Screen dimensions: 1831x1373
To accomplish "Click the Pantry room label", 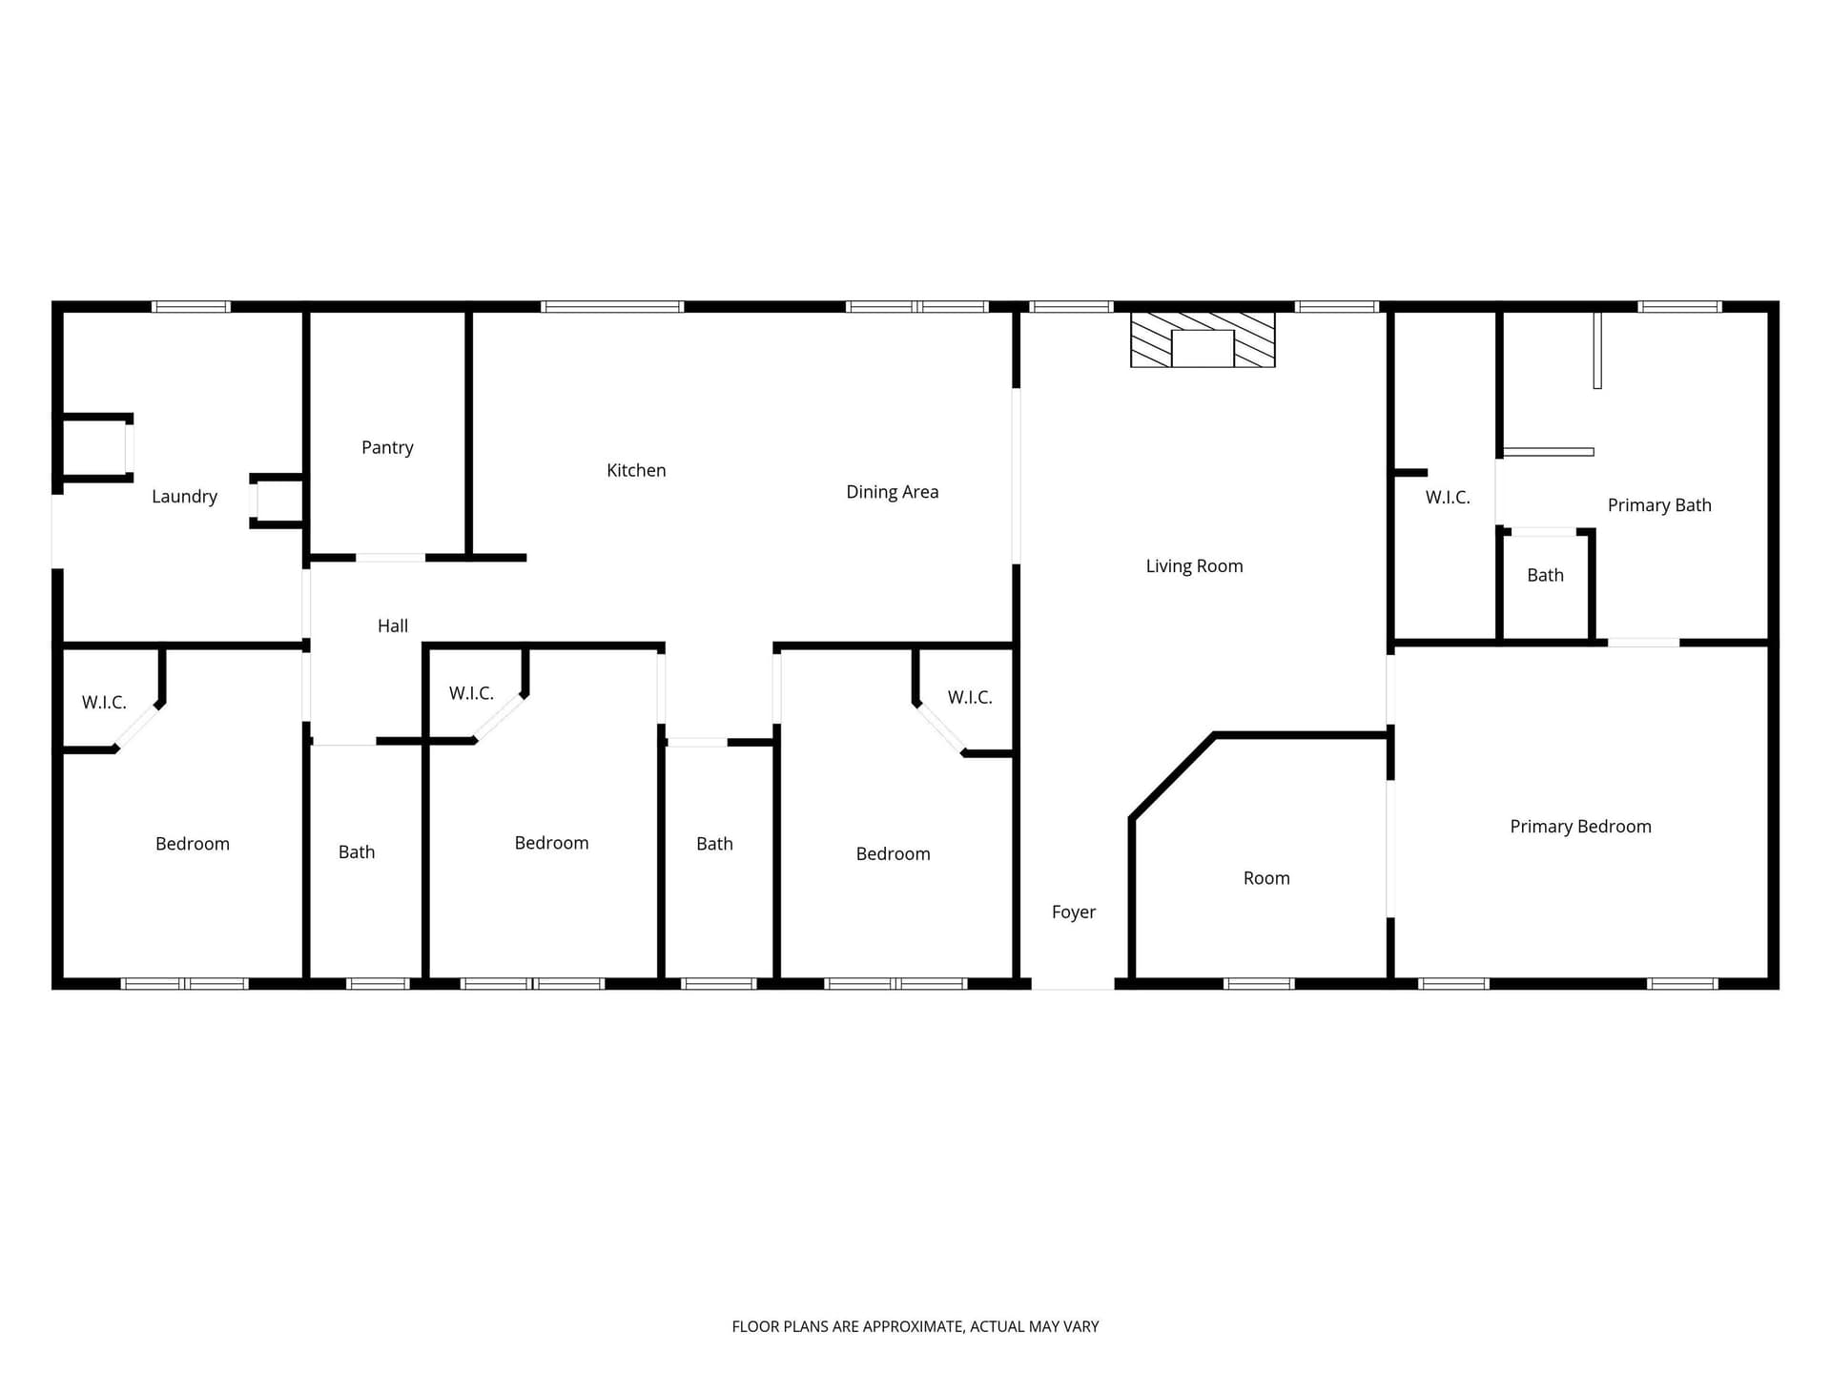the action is [x=387, y=447].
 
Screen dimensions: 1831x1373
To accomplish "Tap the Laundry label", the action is [x=184, y=496].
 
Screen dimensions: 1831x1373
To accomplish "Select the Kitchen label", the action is [x=636, y=470].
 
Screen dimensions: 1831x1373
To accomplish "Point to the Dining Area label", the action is [x=893, y=492].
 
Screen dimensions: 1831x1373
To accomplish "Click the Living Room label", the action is [x=1194, y=566].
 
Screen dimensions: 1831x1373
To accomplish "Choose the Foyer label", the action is [x=1074, y=912].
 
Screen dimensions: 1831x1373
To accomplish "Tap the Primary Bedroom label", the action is [x=1580, y=827].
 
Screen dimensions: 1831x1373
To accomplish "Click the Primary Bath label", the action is [x=1659, y=505].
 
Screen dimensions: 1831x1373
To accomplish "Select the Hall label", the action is [x=393, y=625].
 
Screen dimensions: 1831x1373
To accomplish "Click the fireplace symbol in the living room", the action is [x=1203, y=339].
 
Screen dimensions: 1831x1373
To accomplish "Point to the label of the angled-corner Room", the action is [x=1266, y=878].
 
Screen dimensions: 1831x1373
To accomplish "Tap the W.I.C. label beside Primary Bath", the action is [x=1448, y=497].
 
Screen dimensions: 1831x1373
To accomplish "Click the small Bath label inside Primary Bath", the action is [x=1545, y=575].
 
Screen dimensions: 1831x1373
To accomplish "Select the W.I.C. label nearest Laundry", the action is [x=104, y=703].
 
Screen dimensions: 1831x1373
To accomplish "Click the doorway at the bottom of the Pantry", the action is [x=390, y=558].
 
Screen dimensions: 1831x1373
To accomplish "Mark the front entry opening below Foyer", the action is [x=1073, y=983].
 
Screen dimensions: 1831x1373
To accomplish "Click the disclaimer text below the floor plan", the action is [x=915, y=1326].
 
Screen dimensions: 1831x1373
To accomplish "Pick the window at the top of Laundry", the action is [x=191, y=307].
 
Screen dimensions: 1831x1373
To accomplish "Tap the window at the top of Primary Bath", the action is [x=1680, y=307].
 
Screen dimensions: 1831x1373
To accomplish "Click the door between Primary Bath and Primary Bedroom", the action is [x=1643, y=643].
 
